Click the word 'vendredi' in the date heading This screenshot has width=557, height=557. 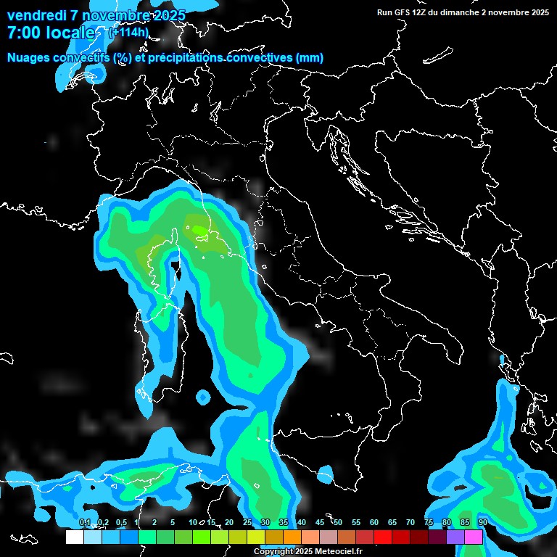tap(37, 15)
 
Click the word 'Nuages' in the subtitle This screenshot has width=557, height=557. tap(29, 57)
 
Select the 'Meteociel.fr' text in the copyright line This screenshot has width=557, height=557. tap(337, 552)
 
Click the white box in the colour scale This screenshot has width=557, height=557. tap(75, 537)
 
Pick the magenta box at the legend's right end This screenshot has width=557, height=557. tap(474, 537)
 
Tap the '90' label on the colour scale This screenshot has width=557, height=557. tap(482, 522)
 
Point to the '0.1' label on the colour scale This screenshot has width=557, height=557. tap(84, 522)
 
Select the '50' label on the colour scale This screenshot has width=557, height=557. tap(338, 522)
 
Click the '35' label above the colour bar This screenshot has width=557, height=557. tap(284, 522)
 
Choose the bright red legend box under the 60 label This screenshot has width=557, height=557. tap(383, 537)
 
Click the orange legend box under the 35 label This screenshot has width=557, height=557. tap(292, 537)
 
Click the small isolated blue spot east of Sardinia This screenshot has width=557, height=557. tap(203, 397)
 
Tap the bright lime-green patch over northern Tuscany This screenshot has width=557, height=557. tap(198, 231)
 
